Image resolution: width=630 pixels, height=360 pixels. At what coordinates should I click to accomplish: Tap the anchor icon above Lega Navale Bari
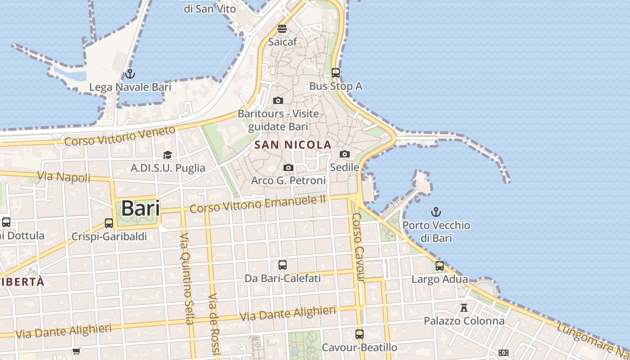pos(130,73)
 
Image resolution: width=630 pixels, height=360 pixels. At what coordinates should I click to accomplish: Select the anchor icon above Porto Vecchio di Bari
pos(436,211)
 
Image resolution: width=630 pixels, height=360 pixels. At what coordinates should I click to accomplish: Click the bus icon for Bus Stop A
pos(335,72)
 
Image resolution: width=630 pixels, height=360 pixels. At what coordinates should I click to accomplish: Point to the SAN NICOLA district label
pos(293,145)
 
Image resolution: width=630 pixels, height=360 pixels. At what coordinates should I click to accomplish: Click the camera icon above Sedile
pos(345,154)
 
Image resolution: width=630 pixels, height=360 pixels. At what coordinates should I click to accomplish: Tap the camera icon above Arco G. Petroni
pos(288,168)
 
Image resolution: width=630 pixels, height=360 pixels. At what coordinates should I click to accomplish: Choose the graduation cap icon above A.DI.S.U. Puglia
pos(167,155)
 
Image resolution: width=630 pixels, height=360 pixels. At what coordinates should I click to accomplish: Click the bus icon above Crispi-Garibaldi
pos(109,223)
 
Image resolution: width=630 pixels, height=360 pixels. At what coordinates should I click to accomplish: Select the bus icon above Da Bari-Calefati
pos(283,265)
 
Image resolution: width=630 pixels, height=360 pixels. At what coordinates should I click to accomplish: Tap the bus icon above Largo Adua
pos(440,266)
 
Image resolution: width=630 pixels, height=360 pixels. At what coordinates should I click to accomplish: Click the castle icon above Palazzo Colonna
pos(464,308)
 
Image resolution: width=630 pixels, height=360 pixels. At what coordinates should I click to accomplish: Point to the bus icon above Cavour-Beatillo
pos(359,334)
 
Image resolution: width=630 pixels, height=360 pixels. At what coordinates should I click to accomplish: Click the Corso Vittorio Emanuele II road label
pos(257,204)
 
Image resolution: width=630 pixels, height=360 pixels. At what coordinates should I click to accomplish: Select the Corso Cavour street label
pos(358,247)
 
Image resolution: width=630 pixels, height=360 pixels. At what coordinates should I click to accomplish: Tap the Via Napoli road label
pos(64,177)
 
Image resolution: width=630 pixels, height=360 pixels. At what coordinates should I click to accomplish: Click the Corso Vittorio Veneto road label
pos(120,136)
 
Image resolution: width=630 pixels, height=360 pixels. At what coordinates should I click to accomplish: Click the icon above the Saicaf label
pos(282,29)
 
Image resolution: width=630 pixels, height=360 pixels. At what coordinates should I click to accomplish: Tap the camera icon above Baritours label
pos(278,100)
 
